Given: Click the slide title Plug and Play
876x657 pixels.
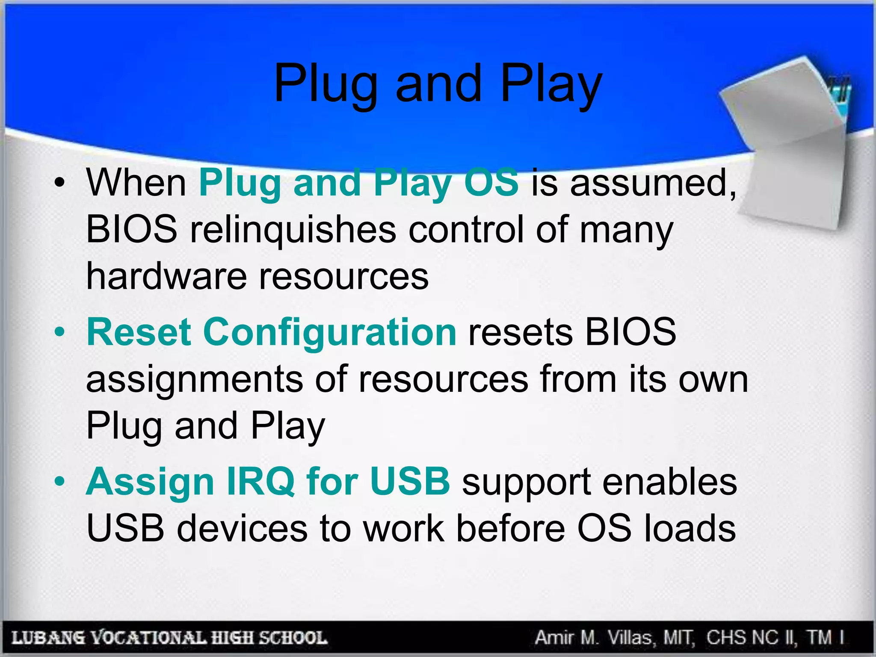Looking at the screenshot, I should pyautogui.click(x=438, y=84).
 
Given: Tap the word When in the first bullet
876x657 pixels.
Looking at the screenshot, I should pyautogui.click(x=136, y=183).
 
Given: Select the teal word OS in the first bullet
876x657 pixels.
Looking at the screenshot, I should pyautogui.click(x=491, y=183).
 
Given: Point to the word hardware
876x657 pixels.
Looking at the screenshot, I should pyautogui.click(x=166, y=276).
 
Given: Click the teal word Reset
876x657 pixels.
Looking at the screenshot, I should pyautogui.click(x=139, y=332).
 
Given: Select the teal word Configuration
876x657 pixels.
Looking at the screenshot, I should pyautogui.click(x=329, y=332).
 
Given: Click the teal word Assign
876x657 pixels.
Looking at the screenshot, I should pyautogui.click(x=150, y=482).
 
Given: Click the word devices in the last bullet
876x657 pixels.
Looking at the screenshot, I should pyautogui.click(x=242, y=529).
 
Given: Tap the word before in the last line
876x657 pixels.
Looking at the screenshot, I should pyautogui.click(x=511, y=529).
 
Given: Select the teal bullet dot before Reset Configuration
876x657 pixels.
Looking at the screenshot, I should pyautogui.click(x=59, y=333).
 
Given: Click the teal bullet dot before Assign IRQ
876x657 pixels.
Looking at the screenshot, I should pyautogui.click(x=59, y=482).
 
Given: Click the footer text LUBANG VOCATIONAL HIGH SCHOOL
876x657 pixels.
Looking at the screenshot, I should pyautogui.click(x=169, y=638).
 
